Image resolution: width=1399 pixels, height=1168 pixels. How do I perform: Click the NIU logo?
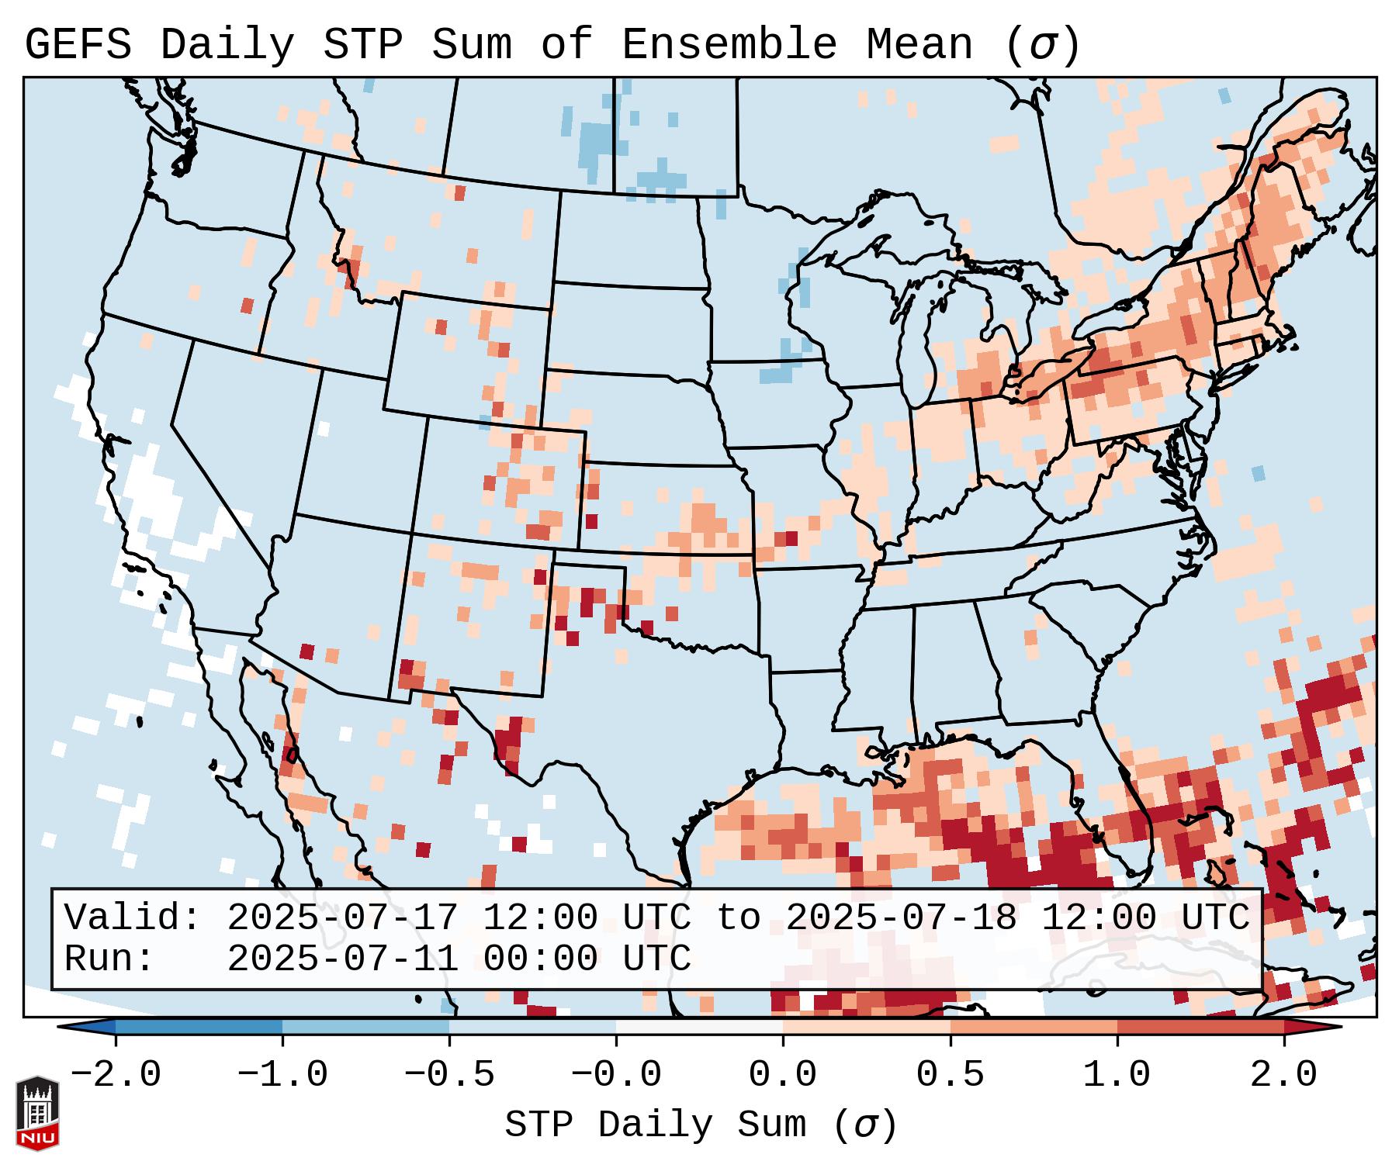click(37, 1113)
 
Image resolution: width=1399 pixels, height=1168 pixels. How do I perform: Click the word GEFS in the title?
click(78, 45)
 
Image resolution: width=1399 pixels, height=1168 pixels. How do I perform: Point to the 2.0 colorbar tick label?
click(1283, 1075)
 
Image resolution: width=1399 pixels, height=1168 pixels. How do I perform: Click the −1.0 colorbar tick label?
click(282, 1075)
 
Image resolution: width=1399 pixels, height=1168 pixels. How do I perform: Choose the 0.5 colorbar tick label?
click(950, 1075)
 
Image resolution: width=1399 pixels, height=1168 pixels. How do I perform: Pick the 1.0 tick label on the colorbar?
click(1117, 1075)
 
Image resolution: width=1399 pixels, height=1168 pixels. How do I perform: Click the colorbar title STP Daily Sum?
click(656, 1125)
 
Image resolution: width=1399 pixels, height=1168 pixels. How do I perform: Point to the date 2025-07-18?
click(901, 917)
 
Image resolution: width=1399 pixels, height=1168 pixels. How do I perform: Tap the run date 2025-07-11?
click(342, 959)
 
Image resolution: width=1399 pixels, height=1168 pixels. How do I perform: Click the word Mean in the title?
click(919, 45)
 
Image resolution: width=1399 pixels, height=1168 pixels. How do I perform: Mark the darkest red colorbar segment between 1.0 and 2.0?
click(1200, 1027)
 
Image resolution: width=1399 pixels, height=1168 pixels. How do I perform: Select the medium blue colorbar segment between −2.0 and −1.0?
click(199, 1027)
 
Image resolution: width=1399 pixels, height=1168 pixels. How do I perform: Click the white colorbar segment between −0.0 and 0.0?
click(699, 1027)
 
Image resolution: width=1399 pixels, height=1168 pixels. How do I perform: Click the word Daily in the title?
click(227, 45)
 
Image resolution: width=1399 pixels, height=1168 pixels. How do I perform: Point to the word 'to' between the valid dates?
click(738, 917)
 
